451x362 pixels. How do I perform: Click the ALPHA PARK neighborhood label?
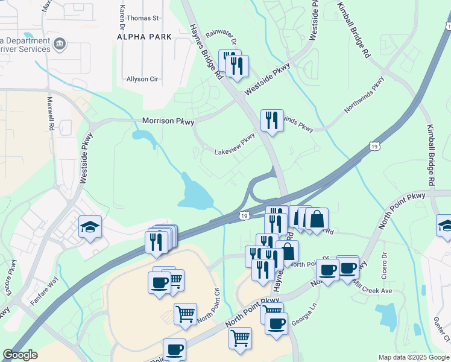144,37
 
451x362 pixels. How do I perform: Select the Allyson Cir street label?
142,79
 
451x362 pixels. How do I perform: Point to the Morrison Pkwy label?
168,121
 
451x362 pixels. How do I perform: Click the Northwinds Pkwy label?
364,95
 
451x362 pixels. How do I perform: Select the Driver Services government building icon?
60,44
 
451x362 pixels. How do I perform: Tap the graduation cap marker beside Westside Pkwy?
90,227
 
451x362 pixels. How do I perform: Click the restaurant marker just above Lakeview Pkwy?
272,119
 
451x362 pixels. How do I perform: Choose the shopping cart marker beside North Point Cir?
185,313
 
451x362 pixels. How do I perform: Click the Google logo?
20,355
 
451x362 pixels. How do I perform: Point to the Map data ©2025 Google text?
413,357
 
